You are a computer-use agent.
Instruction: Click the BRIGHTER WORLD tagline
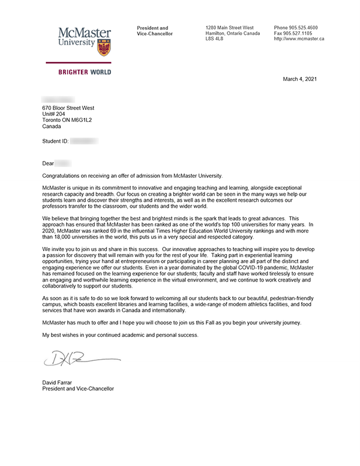(x=84, y=72)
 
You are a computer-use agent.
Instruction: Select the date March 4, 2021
(x=300, y=79)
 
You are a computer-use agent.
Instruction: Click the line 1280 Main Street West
(x=229, y=28)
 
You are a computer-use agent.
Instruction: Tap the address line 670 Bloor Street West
(x=68, y=108)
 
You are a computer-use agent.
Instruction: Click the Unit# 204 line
(x=55, y=114)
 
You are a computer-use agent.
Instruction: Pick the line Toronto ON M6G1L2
(x=67, y=120)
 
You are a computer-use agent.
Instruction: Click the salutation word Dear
(x=48, y=163)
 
